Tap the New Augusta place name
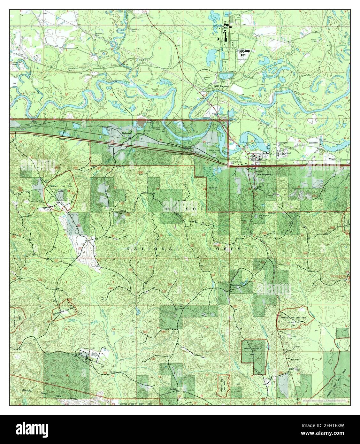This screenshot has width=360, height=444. [264, 174]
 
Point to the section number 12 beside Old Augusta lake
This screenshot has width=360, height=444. [206, 47]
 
